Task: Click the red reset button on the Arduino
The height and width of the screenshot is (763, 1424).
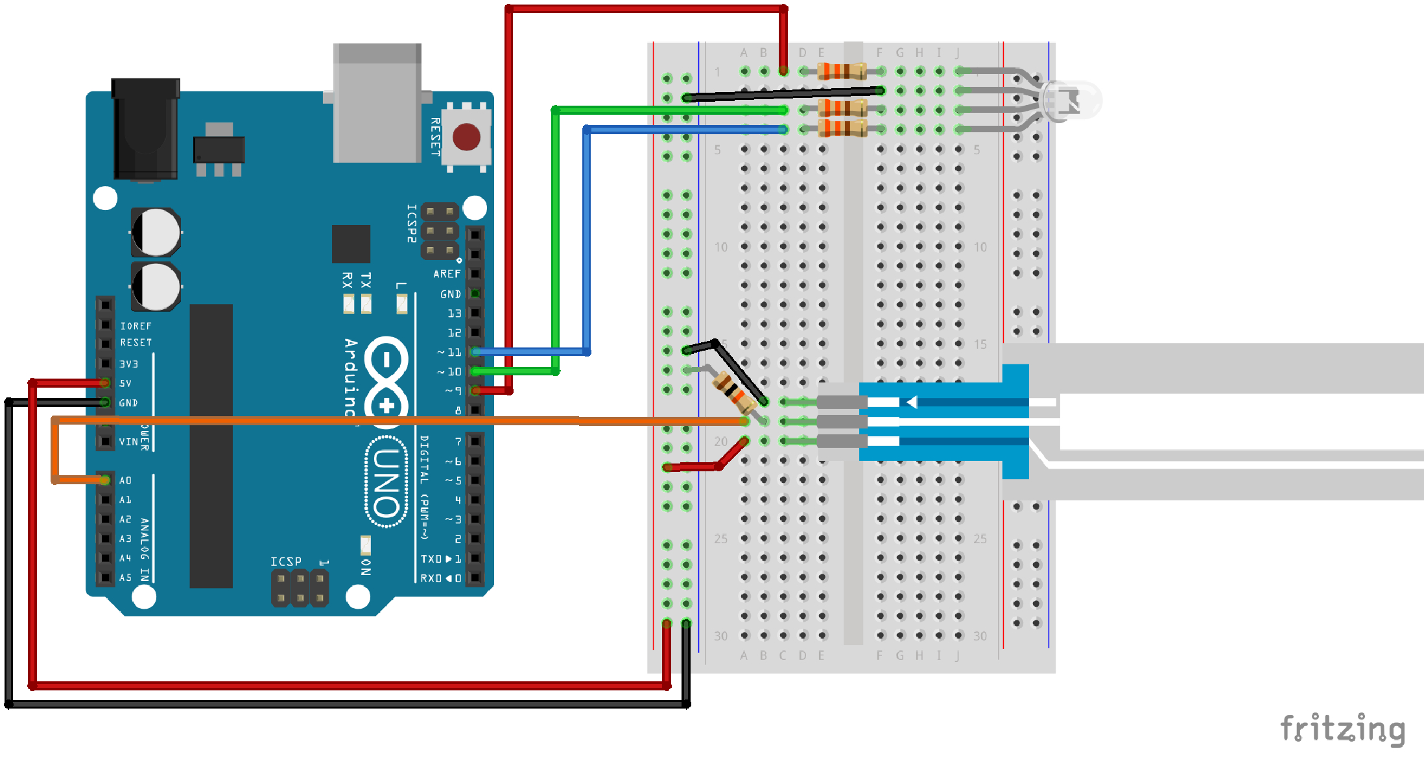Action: (x=466, y=137)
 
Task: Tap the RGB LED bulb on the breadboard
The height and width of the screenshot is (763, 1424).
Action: (x=1070, y=100)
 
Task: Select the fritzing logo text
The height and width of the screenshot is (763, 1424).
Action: (x=1342, y=729)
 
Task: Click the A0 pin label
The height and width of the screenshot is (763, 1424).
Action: (x=125, y=480)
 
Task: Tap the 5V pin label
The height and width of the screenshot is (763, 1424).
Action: (x=125, y=383)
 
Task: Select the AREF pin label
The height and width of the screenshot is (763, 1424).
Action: (x=447, y=274)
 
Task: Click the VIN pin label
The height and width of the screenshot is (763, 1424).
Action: (x=128, y=441)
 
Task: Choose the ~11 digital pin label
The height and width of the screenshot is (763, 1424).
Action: (x=450, y=352)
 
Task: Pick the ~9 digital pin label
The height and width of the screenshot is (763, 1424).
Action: (x=453, y=391)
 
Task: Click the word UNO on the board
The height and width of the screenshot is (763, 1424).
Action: (x=386, y=482)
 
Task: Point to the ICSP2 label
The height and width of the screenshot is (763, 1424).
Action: (x=412, y=224)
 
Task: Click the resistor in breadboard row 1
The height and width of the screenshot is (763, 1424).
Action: (x=842, y=71)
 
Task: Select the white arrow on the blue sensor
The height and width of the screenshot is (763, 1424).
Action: (x=912, y=403)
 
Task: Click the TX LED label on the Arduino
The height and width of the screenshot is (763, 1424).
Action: (x=366, y=280)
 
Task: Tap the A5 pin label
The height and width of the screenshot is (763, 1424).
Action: (x=125, y=578)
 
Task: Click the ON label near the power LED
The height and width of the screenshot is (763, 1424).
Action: (x=366, y=567)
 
